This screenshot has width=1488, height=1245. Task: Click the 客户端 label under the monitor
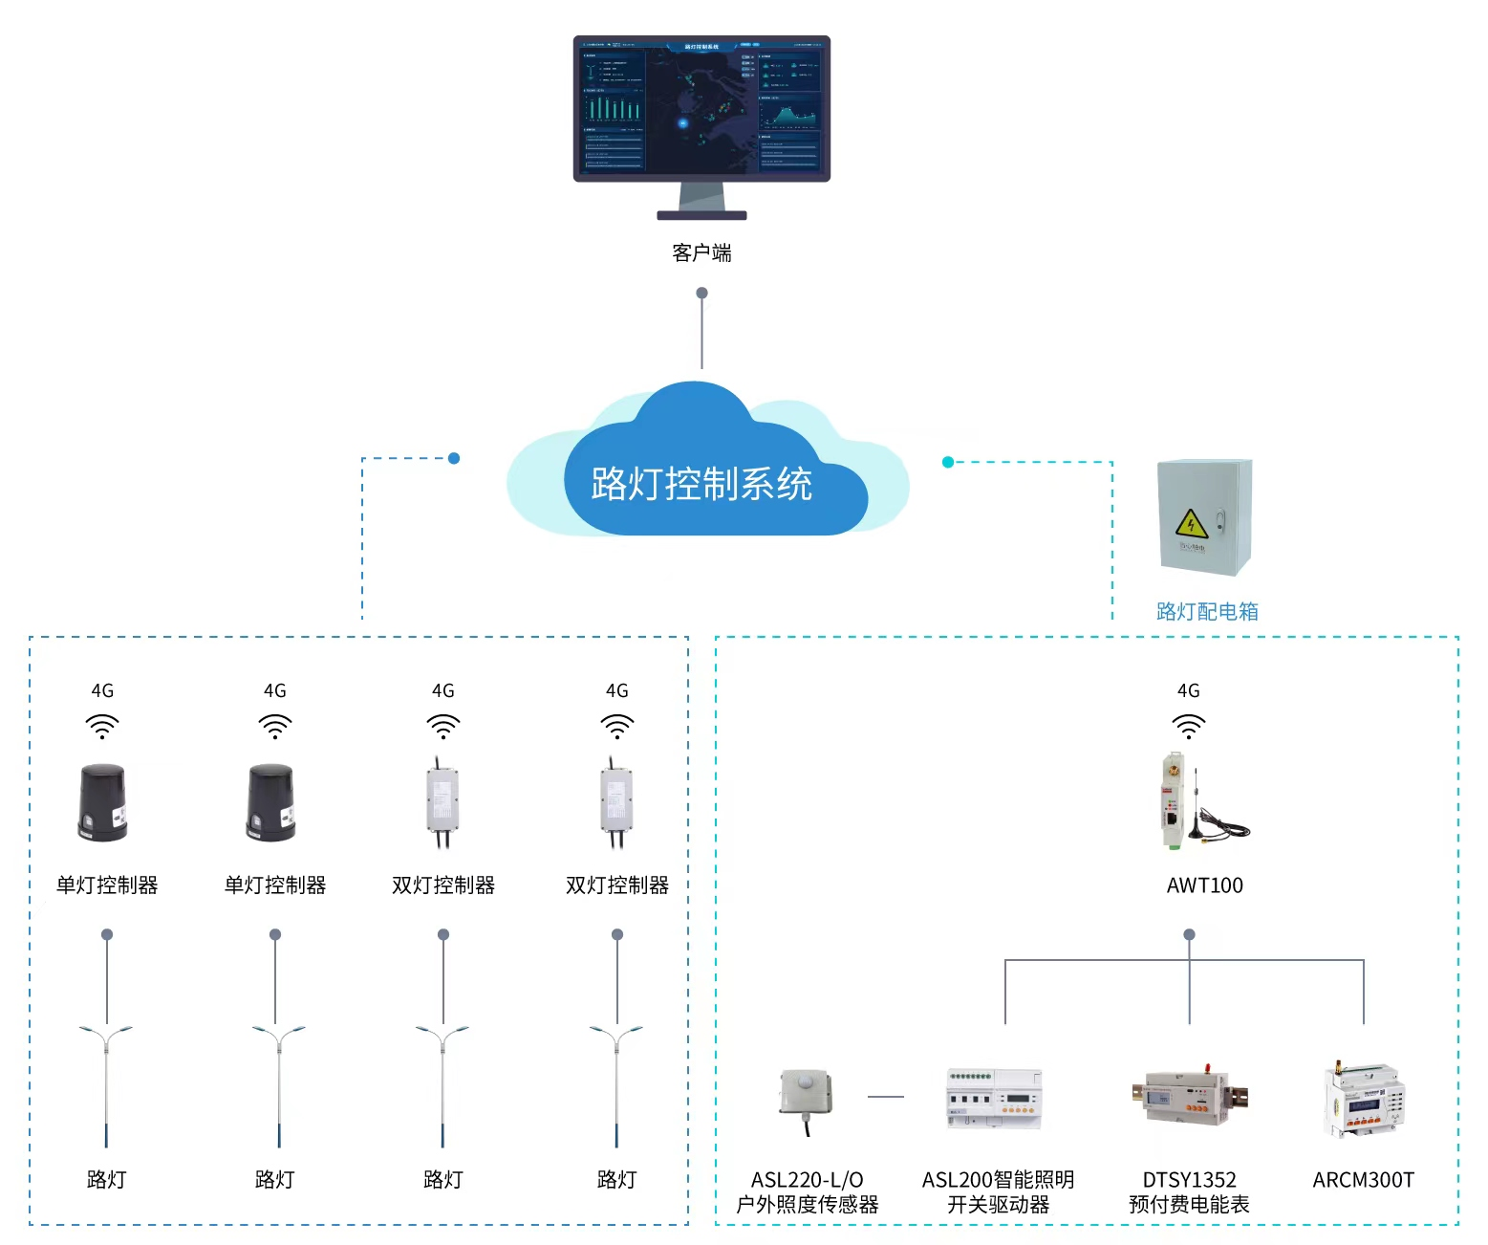701,252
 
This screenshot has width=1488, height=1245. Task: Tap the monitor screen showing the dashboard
701,107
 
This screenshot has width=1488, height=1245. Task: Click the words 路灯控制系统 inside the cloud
701,484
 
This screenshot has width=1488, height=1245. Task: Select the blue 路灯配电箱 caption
1207,611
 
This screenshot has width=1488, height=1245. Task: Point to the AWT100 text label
1204,885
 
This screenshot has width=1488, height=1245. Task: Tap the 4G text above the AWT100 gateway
1188,690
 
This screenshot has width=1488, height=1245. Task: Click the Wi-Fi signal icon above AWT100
1188,726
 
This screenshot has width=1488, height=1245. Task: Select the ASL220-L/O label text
807,1180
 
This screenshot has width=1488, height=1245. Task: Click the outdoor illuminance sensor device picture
806,1096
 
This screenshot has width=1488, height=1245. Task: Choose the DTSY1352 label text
1189,1180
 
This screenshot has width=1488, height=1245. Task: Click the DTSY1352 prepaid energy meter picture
1188,1097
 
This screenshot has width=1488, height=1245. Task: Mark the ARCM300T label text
1363,1180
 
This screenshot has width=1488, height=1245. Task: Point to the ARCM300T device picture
1364,1100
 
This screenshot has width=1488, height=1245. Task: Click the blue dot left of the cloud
454,458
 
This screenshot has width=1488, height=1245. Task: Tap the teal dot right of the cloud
948,462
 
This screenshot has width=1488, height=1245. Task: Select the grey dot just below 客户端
701,293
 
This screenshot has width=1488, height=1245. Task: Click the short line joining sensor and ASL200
886,1097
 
